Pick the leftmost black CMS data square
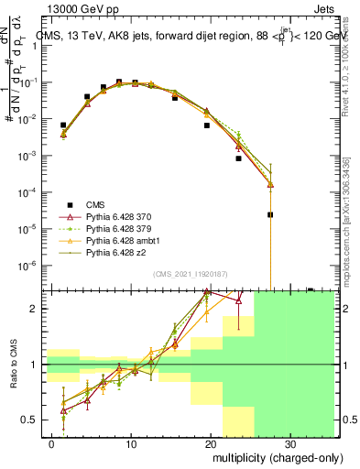[x=63, y=125]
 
